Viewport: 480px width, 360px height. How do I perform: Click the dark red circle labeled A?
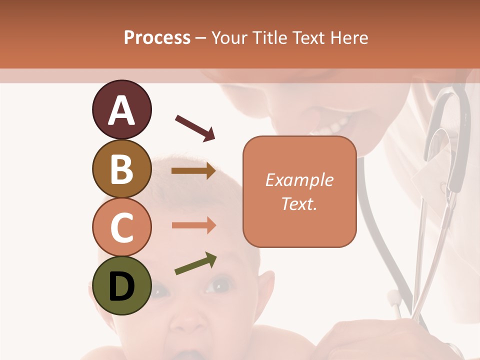(121, 109)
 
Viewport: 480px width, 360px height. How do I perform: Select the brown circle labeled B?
(121, 168)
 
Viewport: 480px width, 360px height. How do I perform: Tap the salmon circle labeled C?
(121, 227)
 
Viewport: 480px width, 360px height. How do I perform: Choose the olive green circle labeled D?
(121, 285)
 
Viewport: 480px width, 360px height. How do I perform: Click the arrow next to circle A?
(195, 127)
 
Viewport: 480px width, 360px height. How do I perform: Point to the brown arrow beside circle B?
(193, 171)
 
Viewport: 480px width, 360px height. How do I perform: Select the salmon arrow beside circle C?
(193, 225)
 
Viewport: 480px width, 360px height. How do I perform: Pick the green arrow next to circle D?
(195, 264)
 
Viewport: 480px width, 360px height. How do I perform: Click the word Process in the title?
(157, 38)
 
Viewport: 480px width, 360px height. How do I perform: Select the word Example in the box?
(299, 180)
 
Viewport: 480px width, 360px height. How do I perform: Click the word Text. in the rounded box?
(299, 203)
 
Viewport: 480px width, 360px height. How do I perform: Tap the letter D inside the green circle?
(121, 286)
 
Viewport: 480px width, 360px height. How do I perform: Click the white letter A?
(121, 110)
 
